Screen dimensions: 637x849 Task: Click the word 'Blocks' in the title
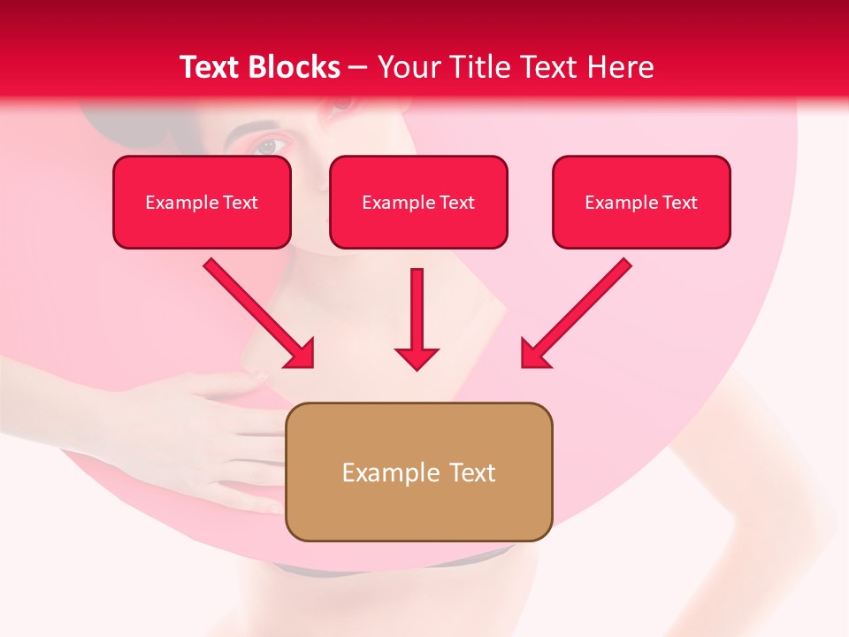295,66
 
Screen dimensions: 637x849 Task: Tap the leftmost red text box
202,202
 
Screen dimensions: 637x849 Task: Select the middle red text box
418,202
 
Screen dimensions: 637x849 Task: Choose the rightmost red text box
641,202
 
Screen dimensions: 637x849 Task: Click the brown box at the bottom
418,472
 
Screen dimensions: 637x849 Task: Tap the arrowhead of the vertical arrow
417,357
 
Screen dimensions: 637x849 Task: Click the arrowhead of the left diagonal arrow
301,354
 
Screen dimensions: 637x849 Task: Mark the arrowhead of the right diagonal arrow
533,354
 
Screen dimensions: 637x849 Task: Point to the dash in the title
358,68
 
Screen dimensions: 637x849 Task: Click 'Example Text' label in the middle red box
418,203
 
